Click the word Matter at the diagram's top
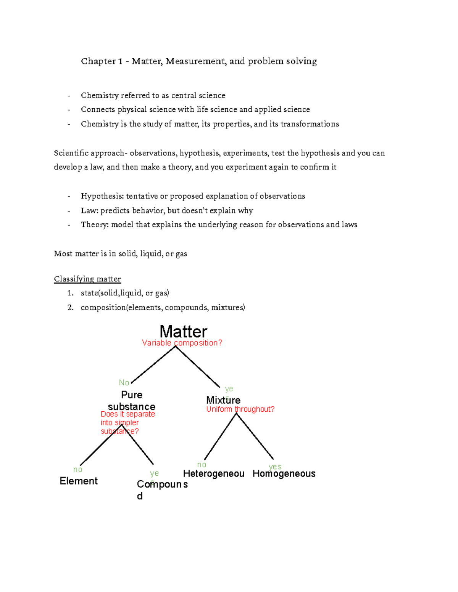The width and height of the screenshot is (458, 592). (x=183, y=332)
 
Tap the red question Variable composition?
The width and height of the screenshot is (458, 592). (x=182, y=343)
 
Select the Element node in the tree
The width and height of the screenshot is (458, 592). (x=79, y=481)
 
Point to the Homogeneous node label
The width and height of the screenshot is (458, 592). (x=284, y=474)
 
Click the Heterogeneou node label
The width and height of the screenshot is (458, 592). (x=214, y=474)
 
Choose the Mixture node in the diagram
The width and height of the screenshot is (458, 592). (x=223, y=400)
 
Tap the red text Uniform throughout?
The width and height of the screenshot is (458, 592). (x=240, y=409)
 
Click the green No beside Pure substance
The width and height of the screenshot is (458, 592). (x=124, y=383)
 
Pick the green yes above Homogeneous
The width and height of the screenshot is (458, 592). (x=275, y=467)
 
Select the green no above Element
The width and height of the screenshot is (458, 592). (x=78, y=470)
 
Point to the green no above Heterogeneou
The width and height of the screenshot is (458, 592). (x=202, y=465)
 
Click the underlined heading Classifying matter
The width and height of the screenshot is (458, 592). (x=87, y=279)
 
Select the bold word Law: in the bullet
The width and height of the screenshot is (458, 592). (x=90, y=211)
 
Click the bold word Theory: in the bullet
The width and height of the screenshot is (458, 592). (x=95, y=225)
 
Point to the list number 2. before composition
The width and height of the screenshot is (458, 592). (x=71, y=308)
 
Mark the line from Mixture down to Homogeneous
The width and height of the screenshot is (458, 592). (x=255, y=436)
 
